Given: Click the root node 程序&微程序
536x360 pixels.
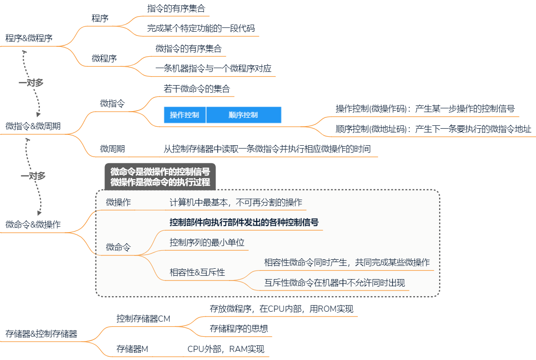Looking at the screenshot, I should (29, 38).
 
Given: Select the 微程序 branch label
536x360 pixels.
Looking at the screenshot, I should (104, 59).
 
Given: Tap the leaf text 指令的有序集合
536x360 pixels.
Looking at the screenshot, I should (176, 9).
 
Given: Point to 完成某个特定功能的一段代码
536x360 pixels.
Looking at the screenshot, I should (201, 28).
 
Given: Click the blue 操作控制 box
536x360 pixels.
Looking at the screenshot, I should (184, 115).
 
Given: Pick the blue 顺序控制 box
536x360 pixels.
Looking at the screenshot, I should (243, 115).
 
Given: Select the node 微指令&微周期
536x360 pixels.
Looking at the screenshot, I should (33, 126).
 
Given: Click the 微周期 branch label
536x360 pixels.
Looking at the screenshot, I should (112, 149).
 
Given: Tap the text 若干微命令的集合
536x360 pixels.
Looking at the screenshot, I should (197, 89).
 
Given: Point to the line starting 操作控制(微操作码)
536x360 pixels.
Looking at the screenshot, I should (425, 109).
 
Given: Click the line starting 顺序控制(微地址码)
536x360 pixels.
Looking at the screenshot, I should (433, 129).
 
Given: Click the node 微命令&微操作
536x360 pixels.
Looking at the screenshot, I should (33, 225).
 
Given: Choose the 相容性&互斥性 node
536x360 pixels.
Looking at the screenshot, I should (197, 272).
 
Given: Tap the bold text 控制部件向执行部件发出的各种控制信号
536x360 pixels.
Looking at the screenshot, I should (244, 222).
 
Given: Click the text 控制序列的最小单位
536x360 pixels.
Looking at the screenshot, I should (207, 243).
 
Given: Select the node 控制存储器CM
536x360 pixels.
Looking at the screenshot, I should (143, 319).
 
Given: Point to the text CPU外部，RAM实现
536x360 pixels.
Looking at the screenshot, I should (226, 350).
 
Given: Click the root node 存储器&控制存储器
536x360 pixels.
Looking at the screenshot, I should (42, 334).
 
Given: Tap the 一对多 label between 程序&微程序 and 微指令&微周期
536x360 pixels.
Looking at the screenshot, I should (31, 83).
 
